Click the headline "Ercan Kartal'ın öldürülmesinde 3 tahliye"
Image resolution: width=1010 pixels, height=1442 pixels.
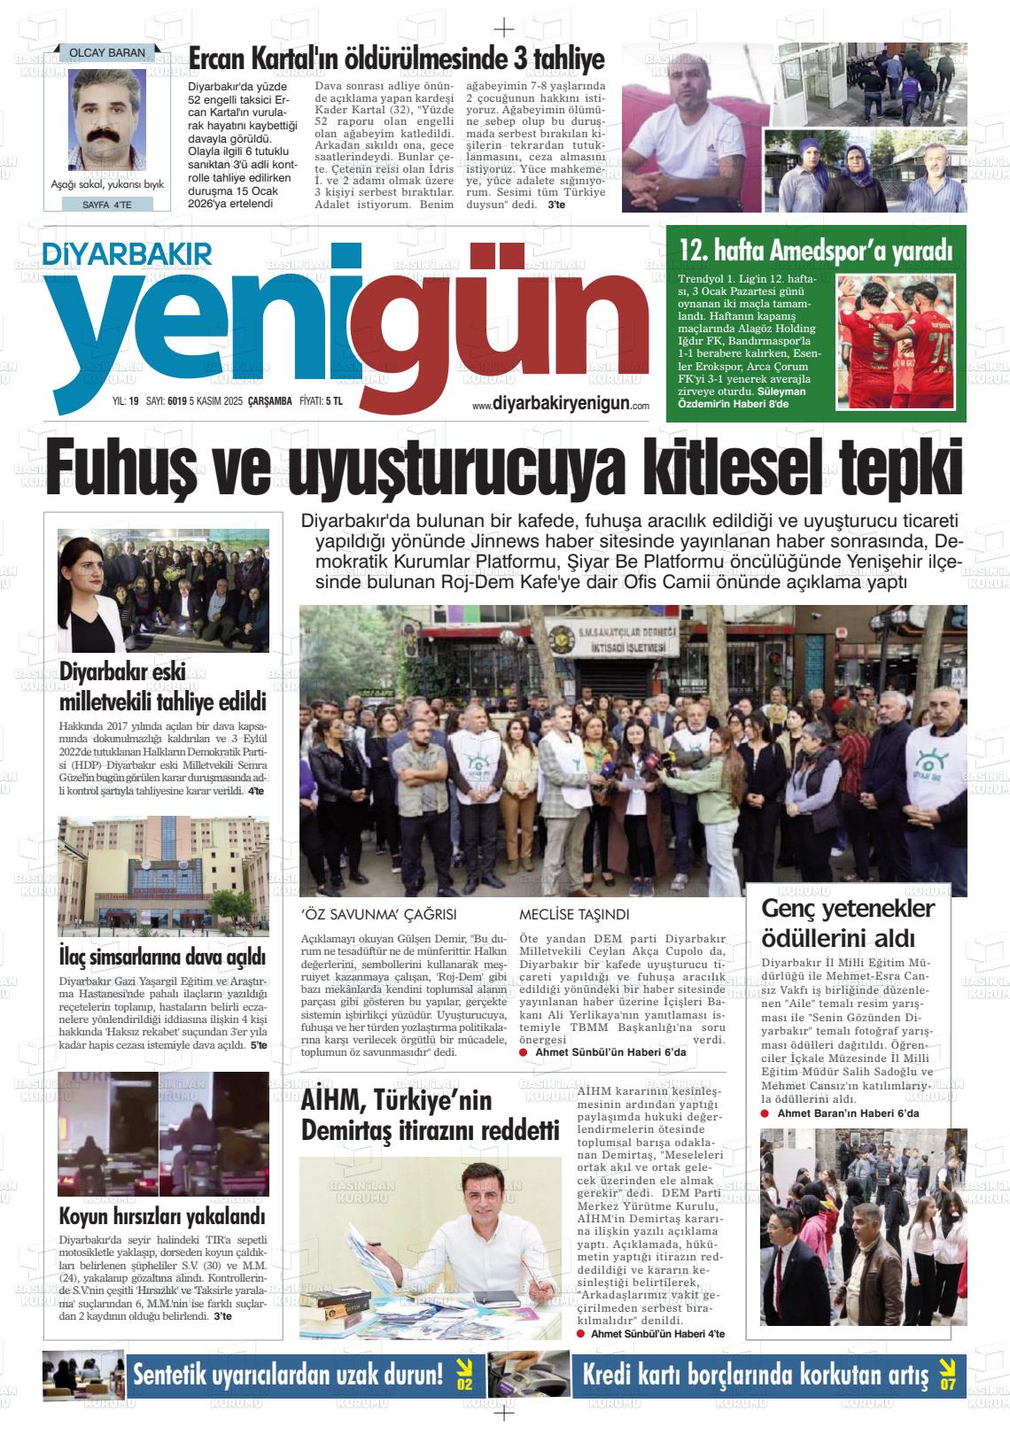[397, 60]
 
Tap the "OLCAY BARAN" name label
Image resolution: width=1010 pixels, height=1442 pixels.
[106, 53]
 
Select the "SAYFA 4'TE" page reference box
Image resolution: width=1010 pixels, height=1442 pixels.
[106, 205]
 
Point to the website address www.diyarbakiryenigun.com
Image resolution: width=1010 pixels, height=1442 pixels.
[561, 404]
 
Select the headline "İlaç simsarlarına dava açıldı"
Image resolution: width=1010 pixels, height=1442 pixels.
[163, 957]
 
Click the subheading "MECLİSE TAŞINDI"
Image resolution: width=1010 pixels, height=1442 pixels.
[574, 914]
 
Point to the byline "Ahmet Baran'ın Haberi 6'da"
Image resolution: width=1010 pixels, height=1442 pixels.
[848, 1113]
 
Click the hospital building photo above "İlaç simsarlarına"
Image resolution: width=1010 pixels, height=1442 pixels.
[163, 876]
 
